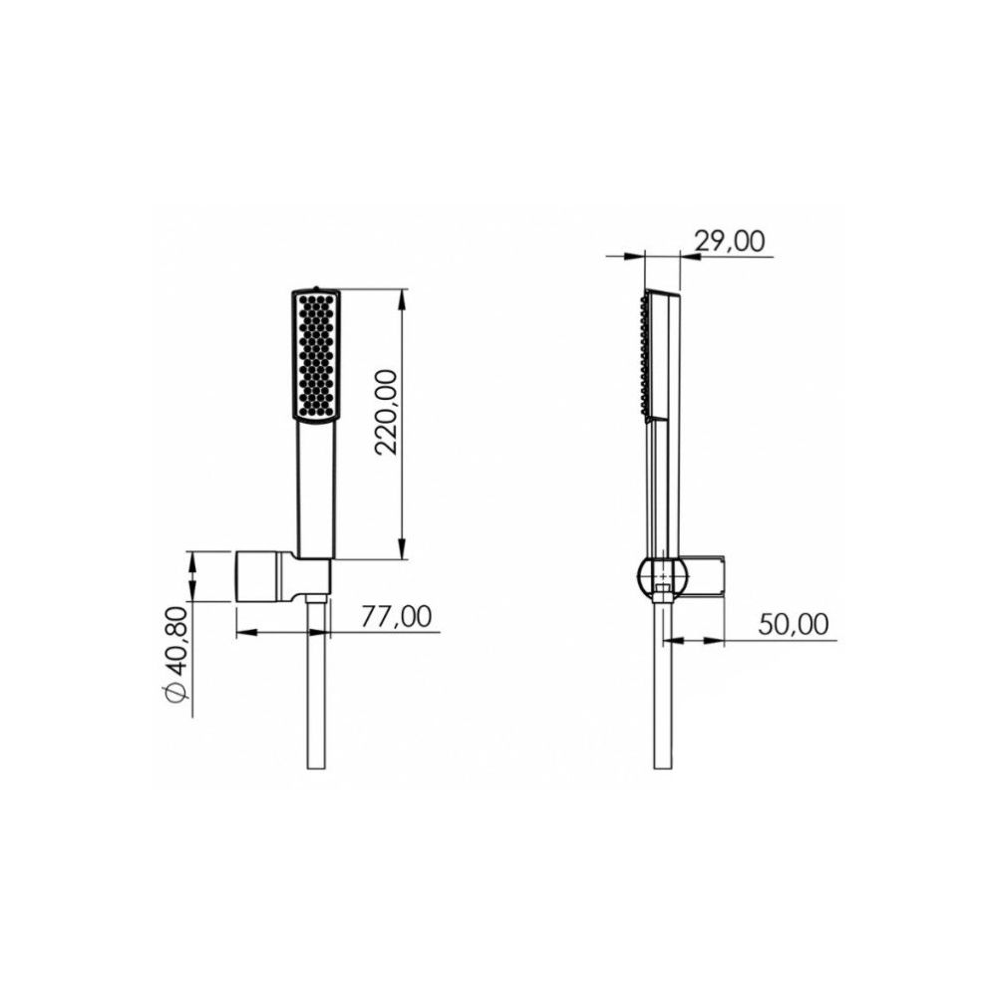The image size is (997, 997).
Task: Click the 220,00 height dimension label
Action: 387,412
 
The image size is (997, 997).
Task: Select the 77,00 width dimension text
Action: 396,616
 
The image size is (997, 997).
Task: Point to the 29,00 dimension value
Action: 730,241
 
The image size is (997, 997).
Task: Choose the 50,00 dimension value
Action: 794,624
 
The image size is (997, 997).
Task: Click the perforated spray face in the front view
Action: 316,354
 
